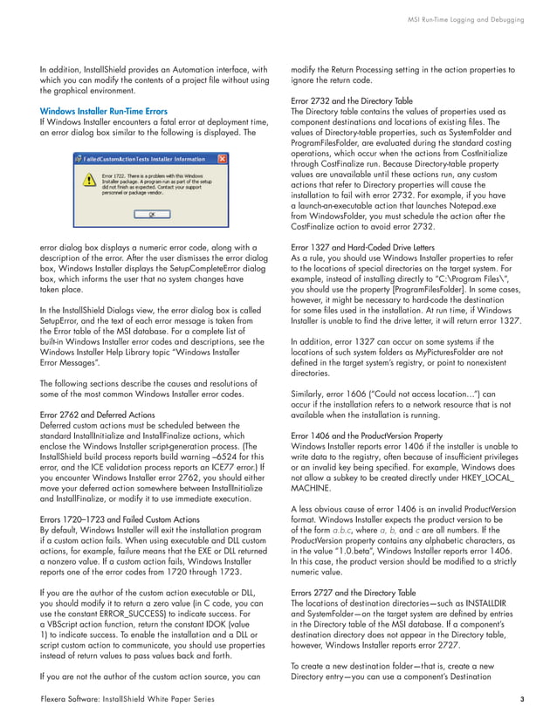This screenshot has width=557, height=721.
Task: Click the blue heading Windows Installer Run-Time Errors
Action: pos(103,112)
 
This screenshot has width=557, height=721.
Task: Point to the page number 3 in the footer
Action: pos(521,699)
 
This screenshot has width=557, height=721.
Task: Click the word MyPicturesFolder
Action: pos(419,351)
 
